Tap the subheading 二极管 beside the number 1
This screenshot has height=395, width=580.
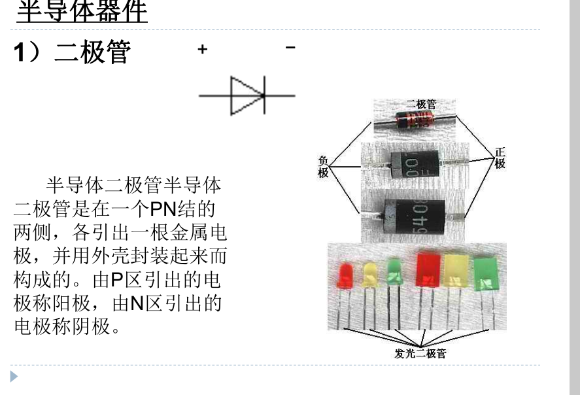[92, 52]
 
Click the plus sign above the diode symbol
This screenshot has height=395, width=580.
[203, 49]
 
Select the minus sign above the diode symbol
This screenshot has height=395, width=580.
[290, 47]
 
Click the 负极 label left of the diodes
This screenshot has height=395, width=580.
[323, 167]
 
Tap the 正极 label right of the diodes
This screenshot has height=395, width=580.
[500, 158]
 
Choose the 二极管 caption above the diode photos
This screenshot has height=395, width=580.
[421, 104]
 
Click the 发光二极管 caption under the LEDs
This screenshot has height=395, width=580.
[420, 354]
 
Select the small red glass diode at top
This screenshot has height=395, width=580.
[414, 119]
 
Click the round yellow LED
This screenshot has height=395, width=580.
[369, 275]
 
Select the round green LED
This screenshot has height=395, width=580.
[394, 272]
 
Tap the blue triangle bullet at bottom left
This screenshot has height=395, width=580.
[14, 377]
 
